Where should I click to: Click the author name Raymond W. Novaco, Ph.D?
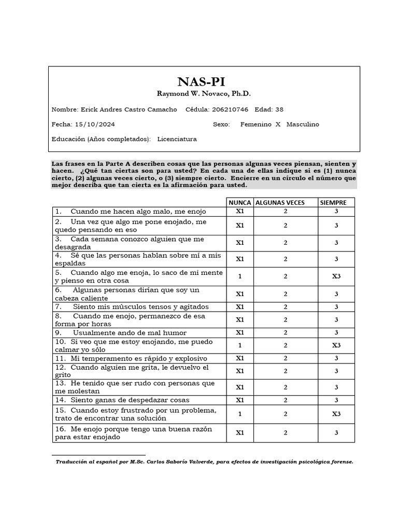(204, 94)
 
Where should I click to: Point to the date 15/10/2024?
(94, 124)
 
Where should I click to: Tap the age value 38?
(279, 109)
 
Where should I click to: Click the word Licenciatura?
(177, 139)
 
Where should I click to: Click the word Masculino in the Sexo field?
(303, 124)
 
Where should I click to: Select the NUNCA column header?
(240, 202)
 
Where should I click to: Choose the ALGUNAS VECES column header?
(280, 202)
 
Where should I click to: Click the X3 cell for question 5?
(336, 276)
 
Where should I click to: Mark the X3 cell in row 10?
(336, 345)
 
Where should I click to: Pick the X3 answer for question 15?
(336, 414)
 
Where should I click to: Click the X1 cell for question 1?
(240, 212)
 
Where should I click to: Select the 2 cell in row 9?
(285, 332)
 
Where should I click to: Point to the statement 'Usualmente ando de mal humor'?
(130, 332)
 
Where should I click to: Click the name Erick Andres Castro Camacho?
(129, 109)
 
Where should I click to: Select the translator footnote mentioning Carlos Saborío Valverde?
(204, 461)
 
